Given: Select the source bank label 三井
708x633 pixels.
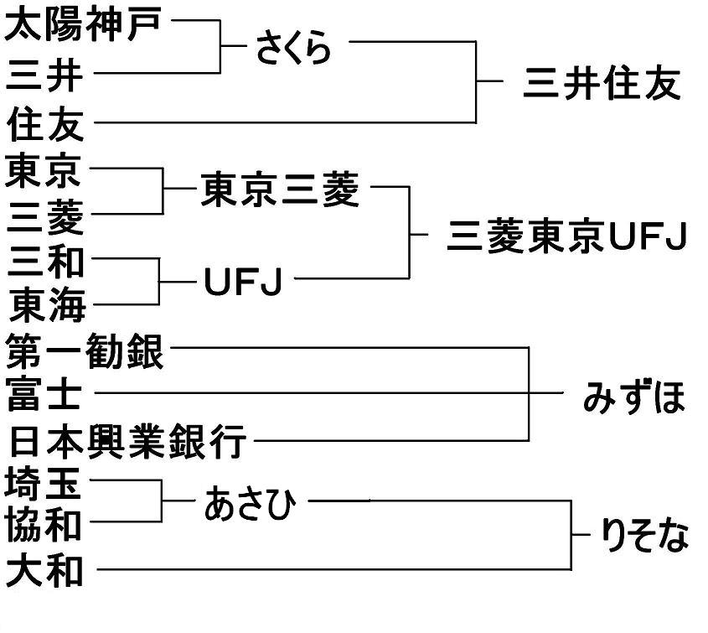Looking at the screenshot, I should click(45, 75).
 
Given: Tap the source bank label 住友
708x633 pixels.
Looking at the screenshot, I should click(45, 126).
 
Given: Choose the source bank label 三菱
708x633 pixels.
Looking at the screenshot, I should click(45, 218).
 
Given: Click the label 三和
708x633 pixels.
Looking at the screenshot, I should click(45, 262).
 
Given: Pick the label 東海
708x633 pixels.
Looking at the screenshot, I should click(45, 307).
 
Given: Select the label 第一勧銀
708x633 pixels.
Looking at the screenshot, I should click(85, 352).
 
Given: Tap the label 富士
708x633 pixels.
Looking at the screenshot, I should click(45, 395).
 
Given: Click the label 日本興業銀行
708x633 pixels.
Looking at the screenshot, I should click(126, 441).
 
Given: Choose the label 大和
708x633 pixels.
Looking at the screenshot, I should click(45, 573).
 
